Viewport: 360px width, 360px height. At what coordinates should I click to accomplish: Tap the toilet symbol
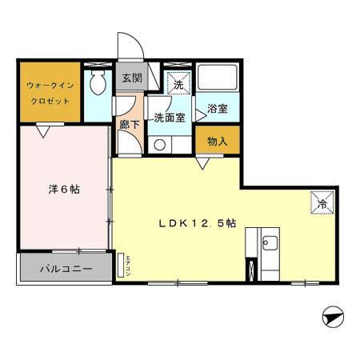click(x=98, y=80)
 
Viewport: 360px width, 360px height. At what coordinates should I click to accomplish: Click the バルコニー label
click(x=66, y=270)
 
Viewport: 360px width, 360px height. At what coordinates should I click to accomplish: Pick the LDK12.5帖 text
click(x=201, y=225)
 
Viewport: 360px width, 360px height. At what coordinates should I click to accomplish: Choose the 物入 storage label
click(x=217, y=142)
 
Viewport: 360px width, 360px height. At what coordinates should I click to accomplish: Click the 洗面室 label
click(x=170, y=118)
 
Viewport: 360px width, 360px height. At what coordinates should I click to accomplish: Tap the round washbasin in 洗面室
click(x=160, y=145)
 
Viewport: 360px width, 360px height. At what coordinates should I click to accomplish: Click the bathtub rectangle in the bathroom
click(x=218, y=78)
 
